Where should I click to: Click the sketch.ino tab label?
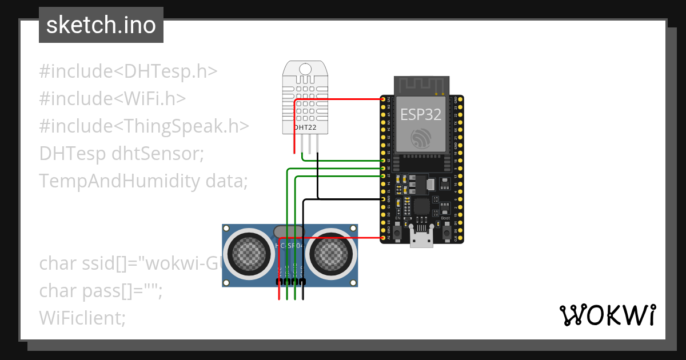coord(101,25)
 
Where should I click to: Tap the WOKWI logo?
coord(607,315)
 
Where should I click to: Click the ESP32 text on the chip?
coord(421,114)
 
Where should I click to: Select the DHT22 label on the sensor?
coord(305,127)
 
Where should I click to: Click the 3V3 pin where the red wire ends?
coord(382,99)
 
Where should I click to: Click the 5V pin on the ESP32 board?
coord(382,237)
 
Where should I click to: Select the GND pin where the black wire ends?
coord(382,199)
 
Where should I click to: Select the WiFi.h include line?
coord(113,99)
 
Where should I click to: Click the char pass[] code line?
coord(101,291)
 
